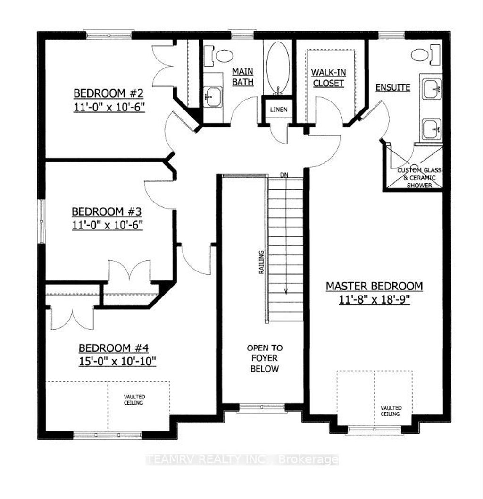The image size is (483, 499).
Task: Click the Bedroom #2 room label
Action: tap(108, 93)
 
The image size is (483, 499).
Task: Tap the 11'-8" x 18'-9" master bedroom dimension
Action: tap(375, 299)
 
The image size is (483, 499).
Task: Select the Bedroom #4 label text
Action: tap(114, 348)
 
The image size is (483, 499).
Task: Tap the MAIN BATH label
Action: tap(243, 77)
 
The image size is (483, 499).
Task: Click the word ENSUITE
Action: tap(392, 87)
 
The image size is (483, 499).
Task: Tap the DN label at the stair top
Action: tap(284, 175)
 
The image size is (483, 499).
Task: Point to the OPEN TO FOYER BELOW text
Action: tap(265, 358)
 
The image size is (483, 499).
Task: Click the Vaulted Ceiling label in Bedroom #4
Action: tap(134, 400)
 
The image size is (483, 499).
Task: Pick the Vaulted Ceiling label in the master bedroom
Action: tap(391, 411)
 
